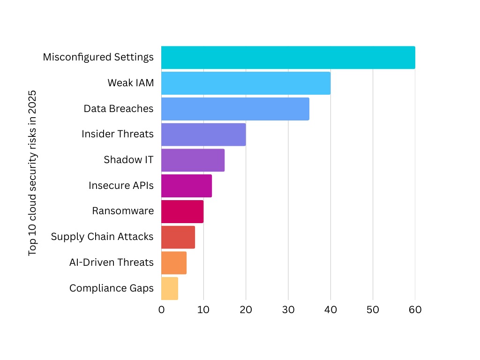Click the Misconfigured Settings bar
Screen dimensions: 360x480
pyautogui.click(x=288, y=58)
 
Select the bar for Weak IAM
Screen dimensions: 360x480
pyautogui.click(x=246, y=83)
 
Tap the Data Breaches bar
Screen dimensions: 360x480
pyautogui.click(x=235, y=109)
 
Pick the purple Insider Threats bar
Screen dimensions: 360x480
pyautogui.click(x=203, y=135)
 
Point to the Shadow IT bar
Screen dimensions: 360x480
pyautogui.click(x=193, y=160)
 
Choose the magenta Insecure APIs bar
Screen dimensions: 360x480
pyautogui.click(x=187, y=186)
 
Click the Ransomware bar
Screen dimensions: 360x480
pyautogui.click(x=182, y=211)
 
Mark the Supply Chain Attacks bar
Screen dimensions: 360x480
pyautogui.click(x=178, y=237)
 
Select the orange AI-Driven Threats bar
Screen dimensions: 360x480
pyautogui.click(x=174, y=262)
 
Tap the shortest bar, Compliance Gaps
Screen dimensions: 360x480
pyautogui.click(x=170, y=288)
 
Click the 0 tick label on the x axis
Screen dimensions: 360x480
pyautogui.click(x=161, y=310)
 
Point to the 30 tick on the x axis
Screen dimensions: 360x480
pyautogui.click(x=288, y=310)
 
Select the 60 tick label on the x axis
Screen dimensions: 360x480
pyautogui.click(x=415, y=310)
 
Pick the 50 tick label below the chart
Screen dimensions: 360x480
pyautogui.click(x=373, y=310)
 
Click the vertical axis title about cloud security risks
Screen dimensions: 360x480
pyautogui.click(x=32, y=173)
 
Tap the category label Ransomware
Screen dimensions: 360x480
pyautogui.click(x=123, y=211)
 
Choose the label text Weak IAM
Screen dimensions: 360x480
pyautogui.click(x=130, y=83)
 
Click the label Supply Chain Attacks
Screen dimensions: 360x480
pyautogui.click(x=102, y=237)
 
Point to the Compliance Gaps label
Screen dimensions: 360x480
pyautogui.click(x=111, y=288)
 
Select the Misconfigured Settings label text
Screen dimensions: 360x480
pyautogui.click(x=98, y=57)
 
